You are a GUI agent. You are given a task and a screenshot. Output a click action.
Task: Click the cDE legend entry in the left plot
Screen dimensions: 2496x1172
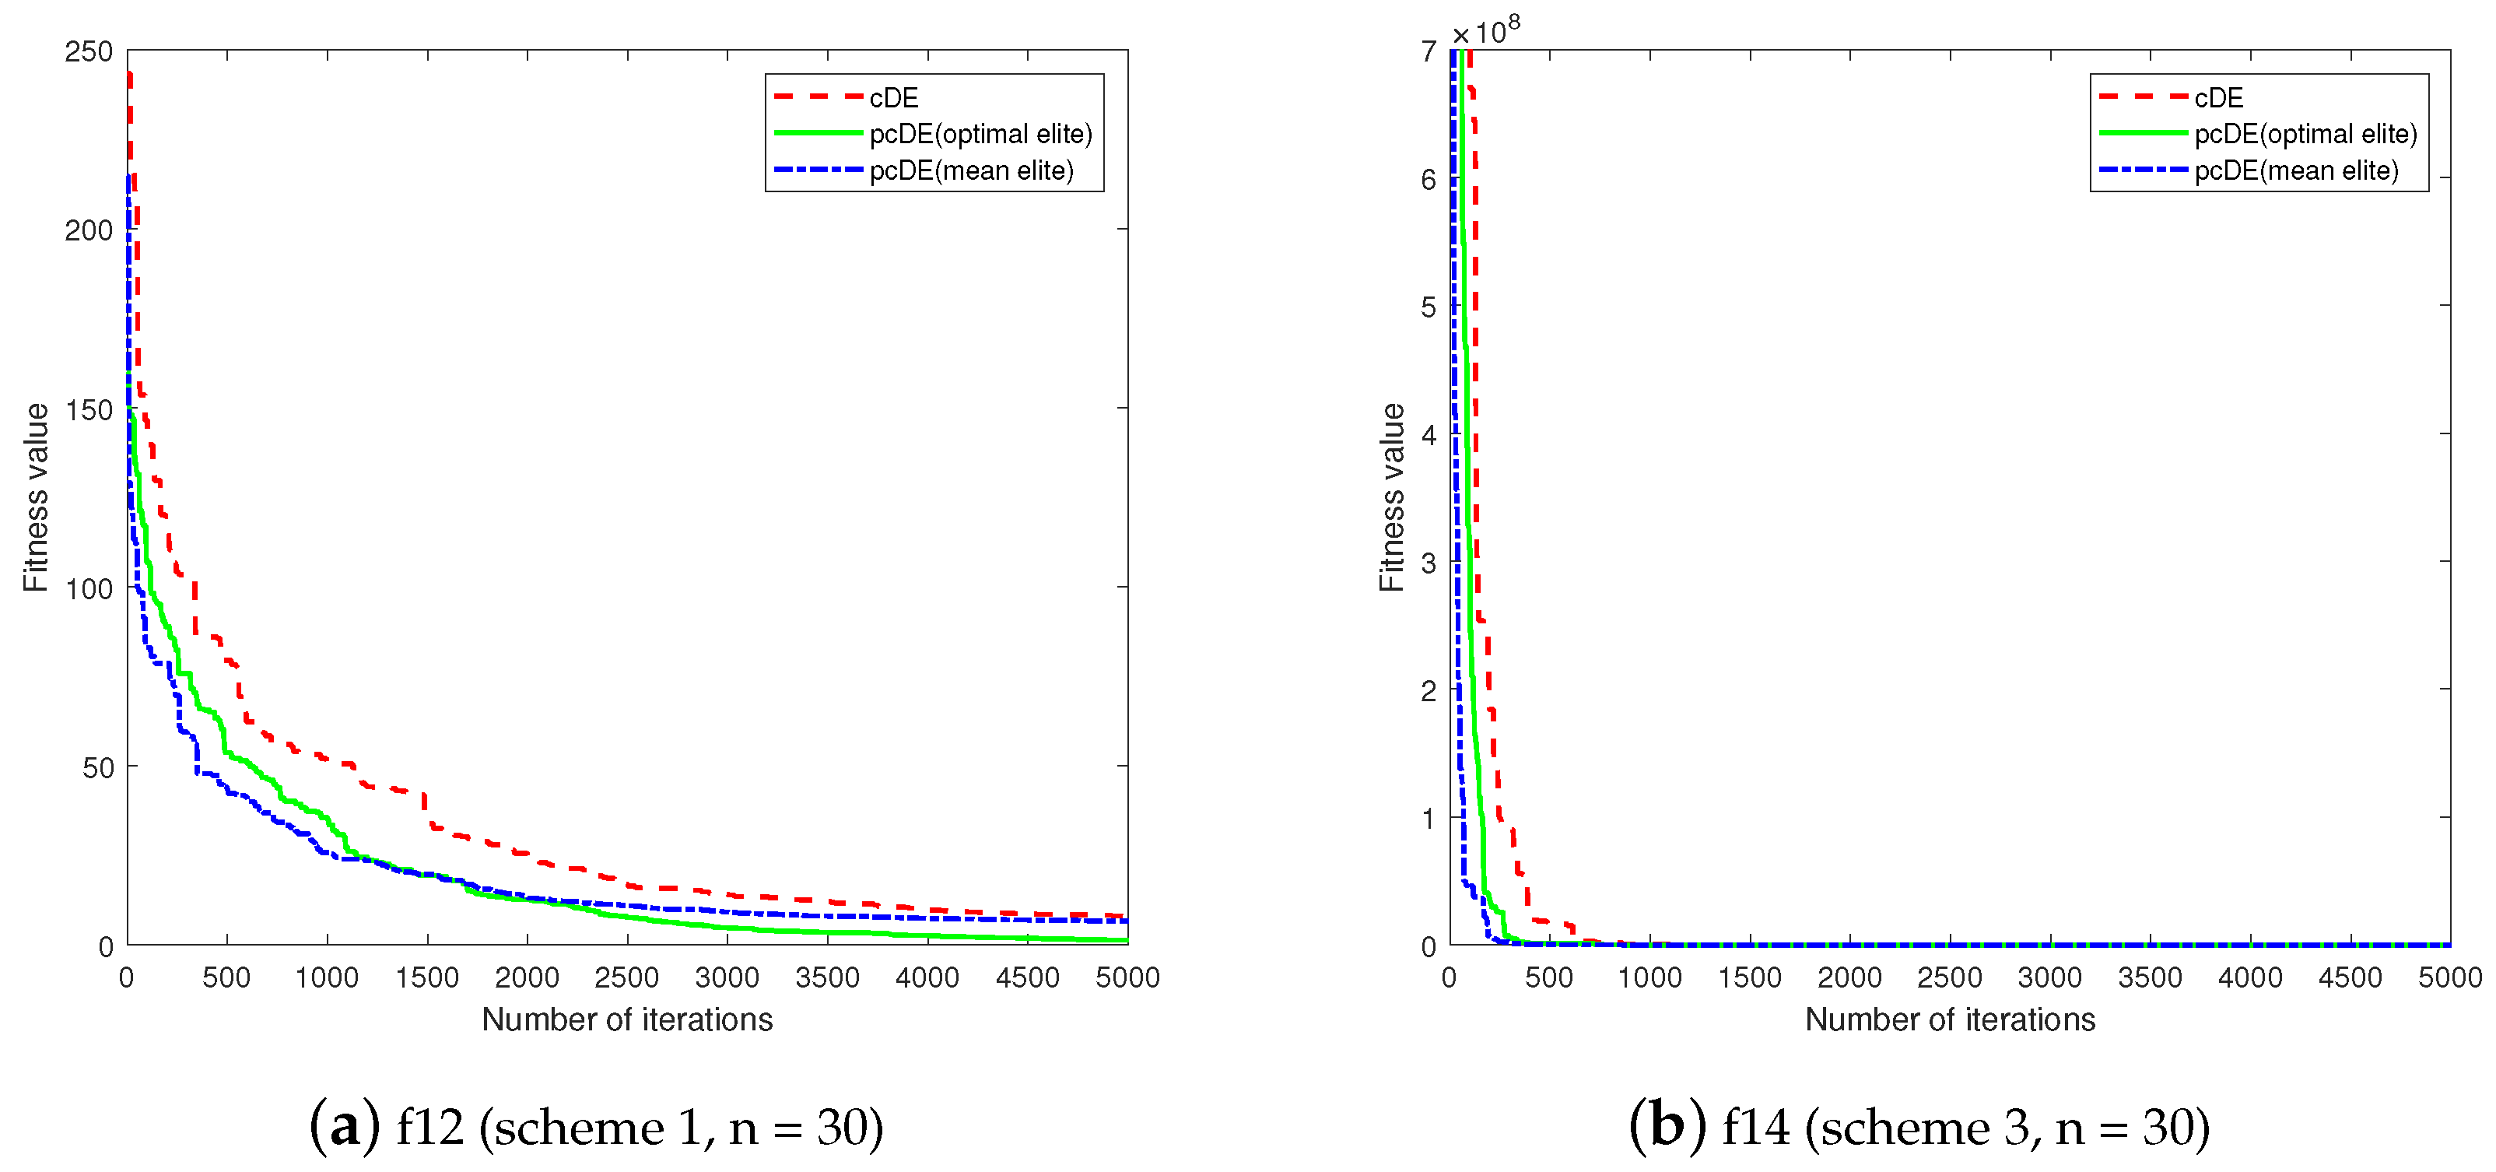pyautogui.click(x=892, y=98)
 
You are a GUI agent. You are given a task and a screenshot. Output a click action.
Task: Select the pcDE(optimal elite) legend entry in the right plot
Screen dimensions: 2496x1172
pyautogui.click(x=2305, y=134)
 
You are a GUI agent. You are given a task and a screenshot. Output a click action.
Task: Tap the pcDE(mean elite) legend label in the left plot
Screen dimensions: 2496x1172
pyautogui.click(x=971, y=170)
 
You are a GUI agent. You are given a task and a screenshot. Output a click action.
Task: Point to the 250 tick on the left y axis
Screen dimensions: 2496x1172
pyautogui.click(x=88, y=51)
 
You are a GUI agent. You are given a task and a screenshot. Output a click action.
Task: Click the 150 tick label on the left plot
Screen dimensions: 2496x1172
pyautogui.click(x=88, y=409)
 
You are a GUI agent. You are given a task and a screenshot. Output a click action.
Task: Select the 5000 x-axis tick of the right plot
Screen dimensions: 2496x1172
pyautogui.click(x=2449, y=977)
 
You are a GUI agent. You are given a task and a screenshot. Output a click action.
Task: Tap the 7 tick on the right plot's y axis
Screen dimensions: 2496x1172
pyautogui.click(x=1429, y=51)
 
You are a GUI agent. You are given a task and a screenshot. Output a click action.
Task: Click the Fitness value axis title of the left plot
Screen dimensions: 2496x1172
pyautogui.click(x=36, y=497)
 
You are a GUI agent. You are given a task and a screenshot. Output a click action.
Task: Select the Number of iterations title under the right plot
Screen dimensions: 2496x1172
pyautogui.click(x=1950, y=1019)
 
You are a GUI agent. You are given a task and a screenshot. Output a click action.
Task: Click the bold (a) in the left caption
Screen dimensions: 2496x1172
pyautogui.click(x=344, y=1126)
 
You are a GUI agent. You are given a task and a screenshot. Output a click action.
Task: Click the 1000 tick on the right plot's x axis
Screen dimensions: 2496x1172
pyautogui.click(x=1649, y=977)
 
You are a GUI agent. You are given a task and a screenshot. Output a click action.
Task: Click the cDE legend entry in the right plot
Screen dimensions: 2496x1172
pyautogui.click(x=2218, y=98)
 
